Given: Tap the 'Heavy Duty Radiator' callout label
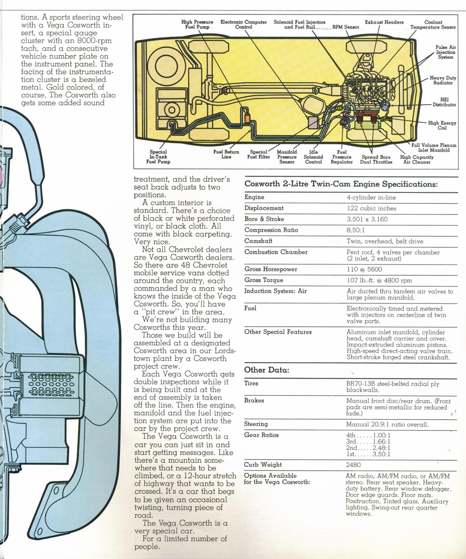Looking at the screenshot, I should pyautogui.click(x=443, y=80).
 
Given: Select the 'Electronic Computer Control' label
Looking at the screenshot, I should pyautogui.click(x=243, y=25).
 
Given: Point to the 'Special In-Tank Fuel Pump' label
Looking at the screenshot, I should pyautogui.click(x=158, y=157).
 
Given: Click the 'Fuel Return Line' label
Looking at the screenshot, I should pyautogui.click(x=226, y=154).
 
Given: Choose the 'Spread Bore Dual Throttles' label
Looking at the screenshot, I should pyautogui.click(x=377, y=159).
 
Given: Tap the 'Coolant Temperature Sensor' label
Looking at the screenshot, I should pyautogui.click(x=433, y=25).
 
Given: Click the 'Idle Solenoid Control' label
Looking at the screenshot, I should pyautogui.click(x=313, y=157).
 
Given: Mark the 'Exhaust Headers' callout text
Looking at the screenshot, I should pyautogui.click(x=384, y=22).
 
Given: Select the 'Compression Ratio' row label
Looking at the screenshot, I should pyautogui.click(x=271, y=230).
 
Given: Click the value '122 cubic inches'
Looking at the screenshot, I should pyautogui.click(x=371, y=208).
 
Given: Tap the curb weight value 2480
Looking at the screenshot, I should pyautogui.click(x=354, y=465).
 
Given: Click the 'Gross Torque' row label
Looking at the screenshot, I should pyautogui.click(x=263, y=280).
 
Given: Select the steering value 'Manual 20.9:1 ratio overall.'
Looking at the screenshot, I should pyautogui.click(x=388, y=424).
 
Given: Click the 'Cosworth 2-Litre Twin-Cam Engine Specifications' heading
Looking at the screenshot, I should pyautogui.click(x=341, y=185).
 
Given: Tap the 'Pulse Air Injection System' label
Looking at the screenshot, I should pyautogui.click(x=445, y=52).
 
